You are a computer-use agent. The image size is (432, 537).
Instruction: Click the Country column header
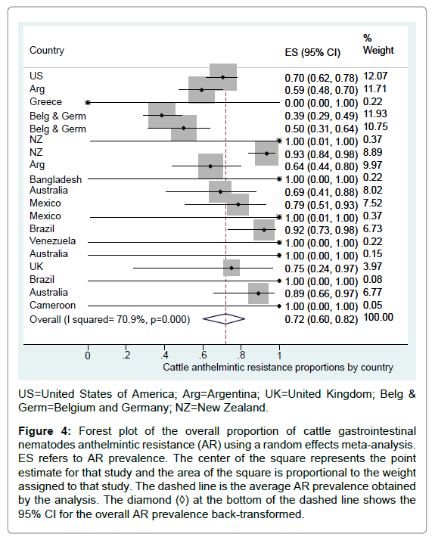(x=47, y=51)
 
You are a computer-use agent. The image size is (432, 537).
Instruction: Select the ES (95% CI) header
(x=312, y=52)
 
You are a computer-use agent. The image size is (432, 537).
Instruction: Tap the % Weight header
(x=378, y=44)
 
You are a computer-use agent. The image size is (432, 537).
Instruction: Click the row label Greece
(x=45, y=101)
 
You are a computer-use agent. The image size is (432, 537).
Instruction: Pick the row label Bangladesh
(x=55, y=179)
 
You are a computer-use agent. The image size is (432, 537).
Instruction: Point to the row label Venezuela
(x=52, y=241)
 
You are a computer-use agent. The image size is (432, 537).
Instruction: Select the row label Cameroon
(x=52, y=305)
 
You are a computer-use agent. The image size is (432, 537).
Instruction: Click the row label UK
(x=36, y=266)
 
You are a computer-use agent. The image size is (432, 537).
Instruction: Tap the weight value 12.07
(x=375, y=76)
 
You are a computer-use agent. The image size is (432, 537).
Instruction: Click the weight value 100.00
(x=378, y=317)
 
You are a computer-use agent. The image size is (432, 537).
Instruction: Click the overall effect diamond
(x=224, y=319)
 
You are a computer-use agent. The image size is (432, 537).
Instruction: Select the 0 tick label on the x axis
(x=88, y=355)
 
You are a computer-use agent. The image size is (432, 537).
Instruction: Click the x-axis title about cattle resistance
(x=278, y=368)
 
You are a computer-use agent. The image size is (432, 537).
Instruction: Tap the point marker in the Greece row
(x=88, y=102)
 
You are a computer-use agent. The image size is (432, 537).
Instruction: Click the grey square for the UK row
(x=232, y=268)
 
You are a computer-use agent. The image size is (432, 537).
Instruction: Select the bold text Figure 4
(x=44, y=431)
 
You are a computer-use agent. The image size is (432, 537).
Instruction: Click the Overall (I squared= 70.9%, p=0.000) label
(x=110, y=319)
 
